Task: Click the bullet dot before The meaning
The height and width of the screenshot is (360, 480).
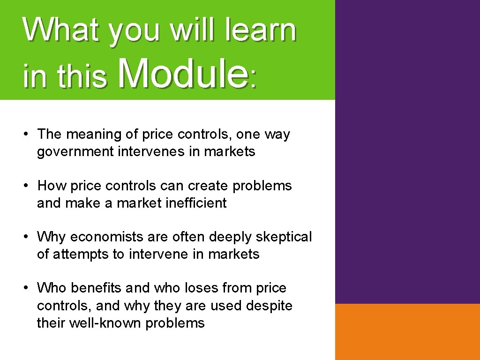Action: [28, 134]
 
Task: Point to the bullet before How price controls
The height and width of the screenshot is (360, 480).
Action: [28, 186]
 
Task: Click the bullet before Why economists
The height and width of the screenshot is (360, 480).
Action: [28, 237]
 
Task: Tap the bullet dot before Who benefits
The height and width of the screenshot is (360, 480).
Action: [28, 288]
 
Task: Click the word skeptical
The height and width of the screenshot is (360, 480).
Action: [284, 237]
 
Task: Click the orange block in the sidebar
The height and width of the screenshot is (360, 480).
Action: [407, 331]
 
